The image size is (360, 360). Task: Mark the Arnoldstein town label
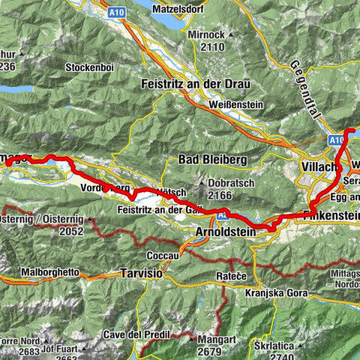[220, 233]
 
